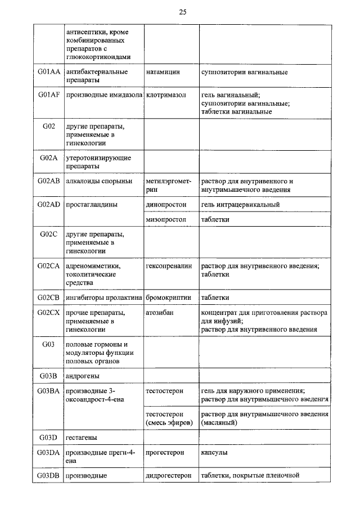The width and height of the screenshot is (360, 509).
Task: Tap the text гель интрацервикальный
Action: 240,205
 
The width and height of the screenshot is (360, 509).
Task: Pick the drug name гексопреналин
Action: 168,266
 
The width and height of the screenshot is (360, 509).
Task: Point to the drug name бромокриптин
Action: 168,297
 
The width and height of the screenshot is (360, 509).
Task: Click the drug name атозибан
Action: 159,312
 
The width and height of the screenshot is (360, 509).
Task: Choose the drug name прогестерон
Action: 166,452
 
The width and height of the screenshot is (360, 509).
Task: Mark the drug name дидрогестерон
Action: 168,475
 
